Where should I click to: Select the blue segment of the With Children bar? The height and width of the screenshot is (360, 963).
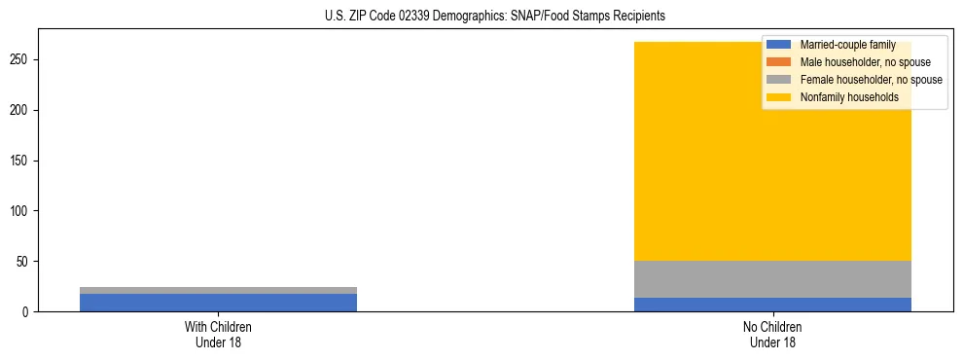tap(218, 303)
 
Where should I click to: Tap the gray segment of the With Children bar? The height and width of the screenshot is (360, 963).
tap(218, 290)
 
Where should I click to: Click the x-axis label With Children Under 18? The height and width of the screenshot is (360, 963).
tap(218, 334)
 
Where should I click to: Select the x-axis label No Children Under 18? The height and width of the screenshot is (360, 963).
tap(772, 334)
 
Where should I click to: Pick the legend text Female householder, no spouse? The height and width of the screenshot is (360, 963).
tap(871, 80)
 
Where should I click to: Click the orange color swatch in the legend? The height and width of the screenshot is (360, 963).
tap(779, 62)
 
